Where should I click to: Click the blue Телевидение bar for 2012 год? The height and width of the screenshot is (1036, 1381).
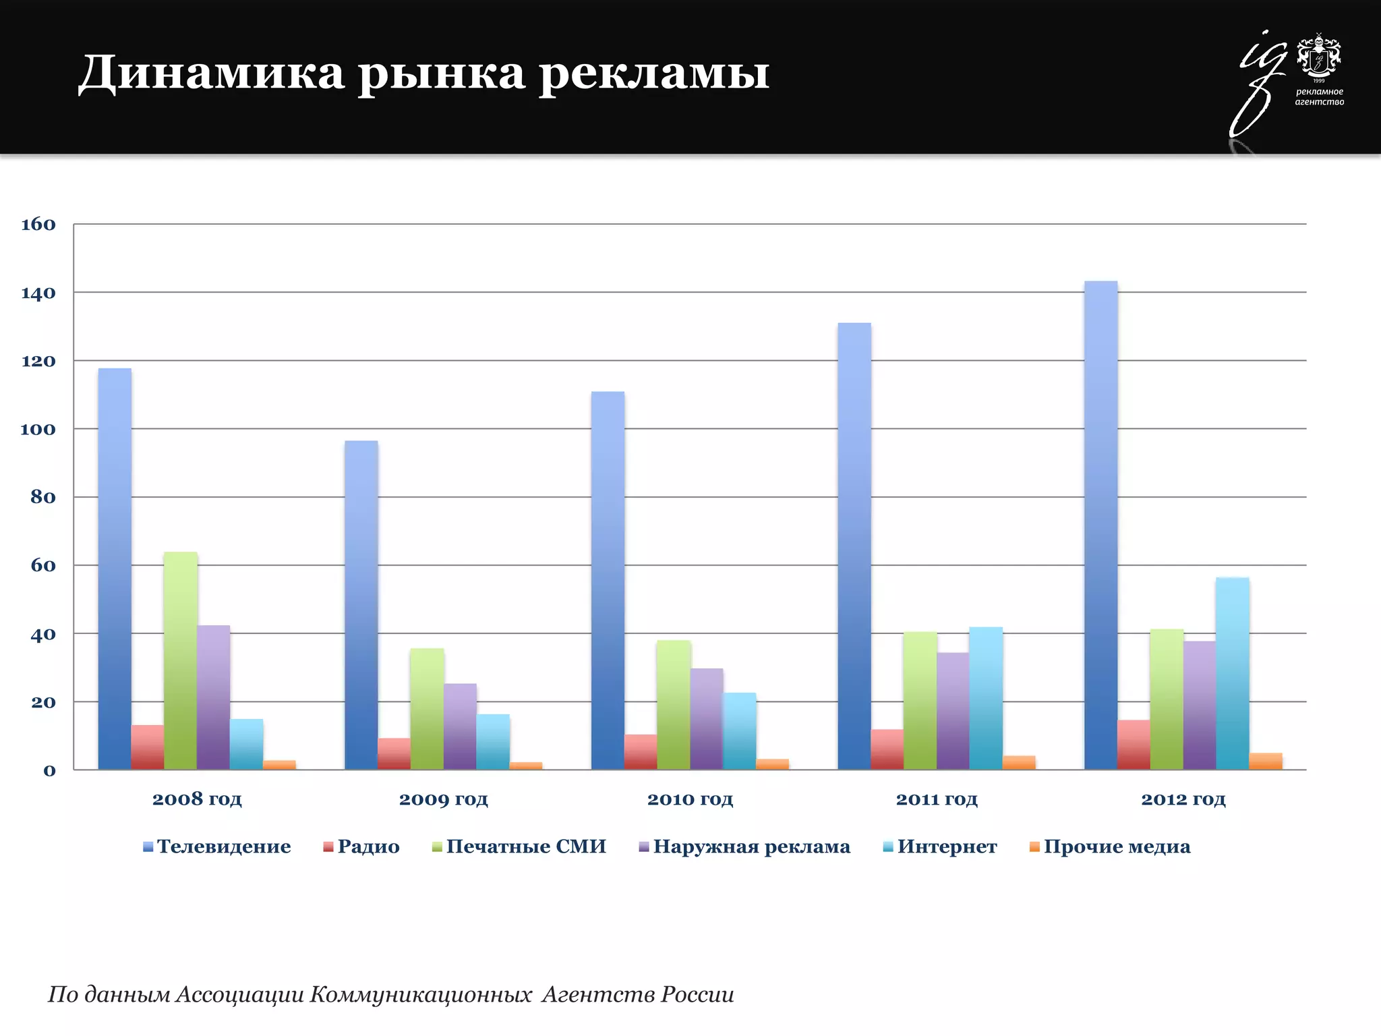[x=1100, y=526]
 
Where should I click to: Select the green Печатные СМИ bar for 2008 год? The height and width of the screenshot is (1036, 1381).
[x=181, y=661]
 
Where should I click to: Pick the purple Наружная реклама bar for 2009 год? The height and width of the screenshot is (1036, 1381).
[x=460, y=727]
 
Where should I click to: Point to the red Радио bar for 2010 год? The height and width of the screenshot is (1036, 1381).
[x=641, y=752]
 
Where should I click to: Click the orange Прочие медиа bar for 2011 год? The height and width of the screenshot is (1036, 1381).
[x=1019, y=763]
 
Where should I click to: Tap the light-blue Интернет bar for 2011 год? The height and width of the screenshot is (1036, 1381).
[x=986, y=699]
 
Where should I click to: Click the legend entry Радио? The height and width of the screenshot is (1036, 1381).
[x=368, y=846]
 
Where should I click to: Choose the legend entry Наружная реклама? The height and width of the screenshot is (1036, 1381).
[x=751, y=846]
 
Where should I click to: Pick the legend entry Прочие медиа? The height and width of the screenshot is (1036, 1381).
[x=1117, y=846]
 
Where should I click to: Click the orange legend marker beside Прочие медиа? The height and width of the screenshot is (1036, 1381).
[x=1034, y=847]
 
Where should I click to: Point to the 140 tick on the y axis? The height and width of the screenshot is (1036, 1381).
[x=38, y=293]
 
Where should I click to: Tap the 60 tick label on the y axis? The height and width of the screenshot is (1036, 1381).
[x=43, y=565]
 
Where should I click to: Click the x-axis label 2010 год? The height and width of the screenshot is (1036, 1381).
[x=690, y=799]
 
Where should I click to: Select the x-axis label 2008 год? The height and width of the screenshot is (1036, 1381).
[x=197, y=799]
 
